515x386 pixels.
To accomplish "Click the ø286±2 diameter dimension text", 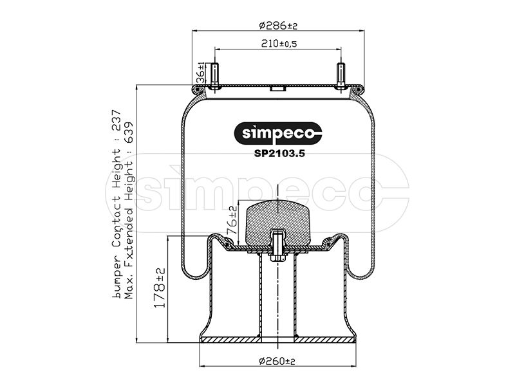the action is coord(278,25).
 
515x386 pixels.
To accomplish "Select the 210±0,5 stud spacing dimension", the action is coord(279,44).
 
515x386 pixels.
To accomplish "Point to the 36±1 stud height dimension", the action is coord(200,73).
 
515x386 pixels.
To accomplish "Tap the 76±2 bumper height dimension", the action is coord(232,220).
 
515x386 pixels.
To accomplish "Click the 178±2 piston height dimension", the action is coord(160,288).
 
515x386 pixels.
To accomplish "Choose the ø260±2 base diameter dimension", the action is coord(277,362).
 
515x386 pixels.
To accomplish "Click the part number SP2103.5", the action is coord(279,153).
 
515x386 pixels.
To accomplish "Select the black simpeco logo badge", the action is coord(278,133).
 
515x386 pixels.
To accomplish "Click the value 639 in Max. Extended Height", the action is coord(129,133).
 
